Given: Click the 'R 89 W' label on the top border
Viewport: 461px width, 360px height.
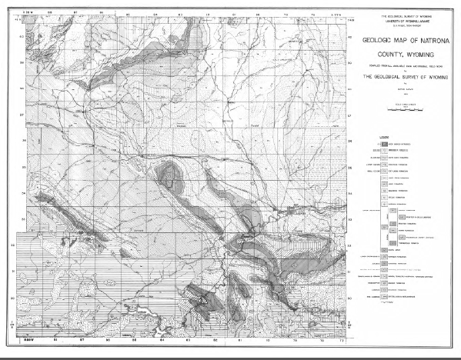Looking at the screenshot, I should coord(28,13).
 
